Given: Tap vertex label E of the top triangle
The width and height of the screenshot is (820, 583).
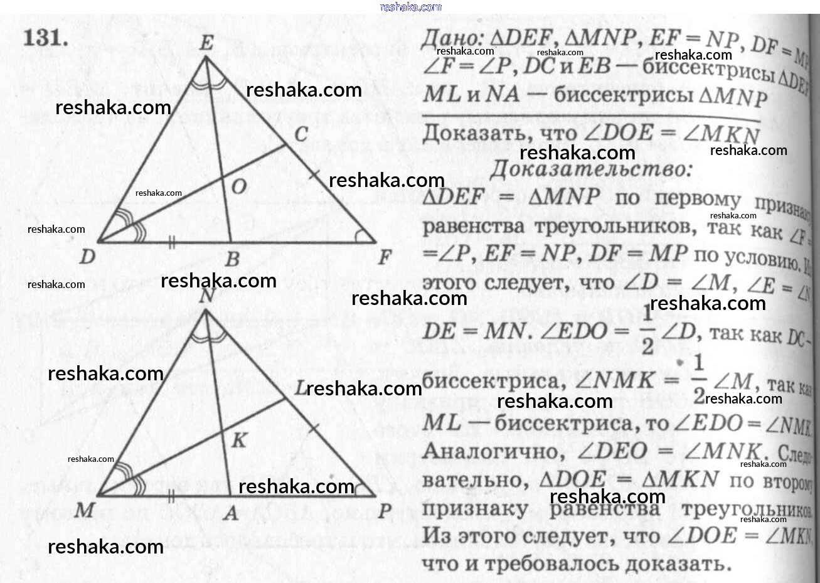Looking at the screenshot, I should coord(205,43).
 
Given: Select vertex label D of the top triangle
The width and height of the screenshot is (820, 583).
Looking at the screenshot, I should coord(88,256).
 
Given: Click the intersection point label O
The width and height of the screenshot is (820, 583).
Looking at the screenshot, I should coord(239,187).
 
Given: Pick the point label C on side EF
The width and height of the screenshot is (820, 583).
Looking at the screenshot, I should coord(301,134).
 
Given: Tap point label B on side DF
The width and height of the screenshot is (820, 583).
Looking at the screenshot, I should coord(232,258).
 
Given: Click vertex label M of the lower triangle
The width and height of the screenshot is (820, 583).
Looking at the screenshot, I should coord(84,510).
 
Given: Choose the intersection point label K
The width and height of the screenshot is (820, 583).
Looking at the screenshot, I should coord(239,440).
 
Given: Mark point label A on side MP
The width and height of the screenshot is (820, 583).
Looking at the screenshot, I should coord(231,513).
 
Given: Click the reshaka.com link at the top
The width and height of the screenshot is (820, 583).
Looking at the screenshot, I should coord(410,7).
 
